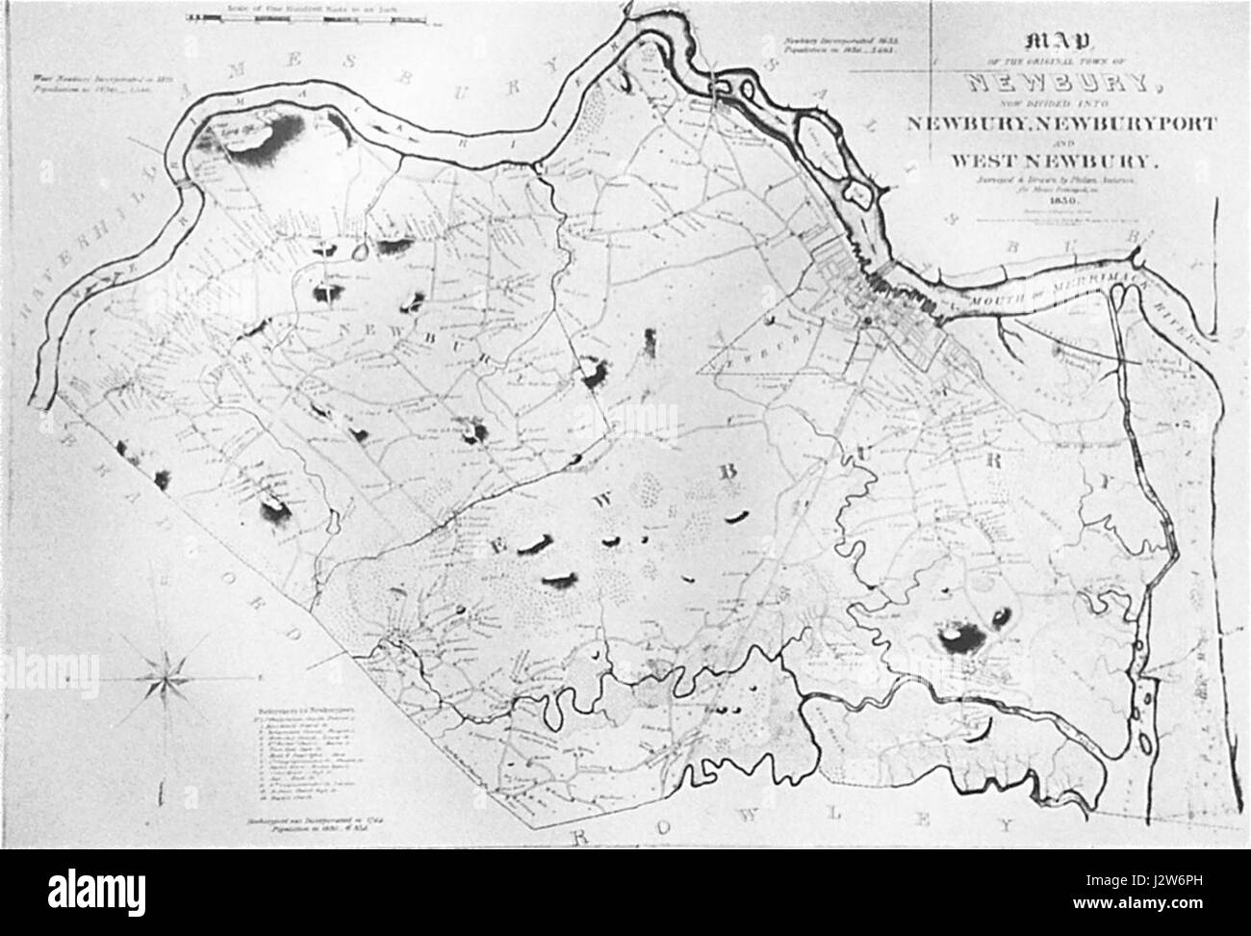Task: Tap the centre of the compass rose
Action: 166,678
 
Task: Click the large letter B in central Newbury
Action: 728,472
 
